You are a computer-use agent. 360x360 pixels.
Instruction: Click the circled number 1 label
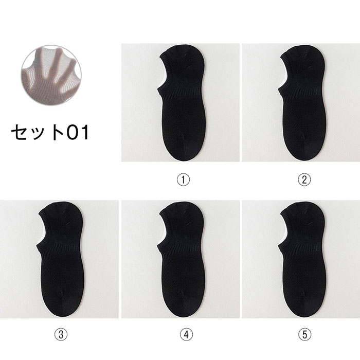(x=183, y=179)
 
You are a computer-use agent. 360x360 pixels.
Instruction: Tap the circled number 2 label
(x=304, y=179)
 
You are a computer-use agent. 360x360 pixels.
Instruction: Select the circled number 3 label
(x=61, y=334)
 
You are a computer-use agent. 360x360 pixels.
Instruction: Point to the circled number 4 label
(x=186, y=334)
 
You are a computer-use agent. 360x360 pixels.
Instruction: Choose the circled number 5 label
(x=305, y=334)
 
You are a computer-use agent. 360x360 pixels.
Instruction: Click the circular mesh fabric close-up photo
(x=51, y=75)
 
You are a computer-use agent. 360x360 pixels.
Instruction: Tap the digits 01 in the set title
(x=78, y=133)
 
